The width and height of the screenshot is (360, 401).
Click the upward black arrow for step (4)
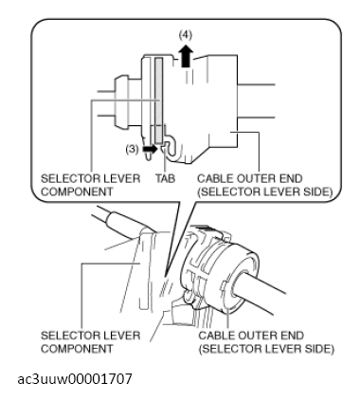187,56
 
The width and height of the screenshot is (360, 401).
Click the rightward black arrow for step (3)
150,149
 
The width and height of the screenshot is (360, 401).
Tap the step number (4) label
186,35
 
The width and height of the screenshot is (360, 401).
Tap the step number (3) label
132,149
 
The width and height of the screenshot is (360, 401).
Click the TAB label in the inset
165,179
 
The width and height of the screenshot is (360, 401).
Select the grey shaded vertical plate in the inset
158,100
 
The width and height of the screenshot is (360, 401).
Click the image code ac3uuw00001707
75,378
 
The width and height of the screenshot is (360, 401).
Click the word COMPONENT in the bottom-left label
77,349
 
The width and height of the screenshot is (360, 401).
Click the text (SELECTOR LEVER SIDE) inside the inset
265,192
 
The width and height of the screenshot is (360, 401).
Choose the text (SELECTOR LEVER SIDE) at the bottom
266,349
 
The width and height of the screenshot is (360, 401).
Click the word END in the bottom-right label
292,336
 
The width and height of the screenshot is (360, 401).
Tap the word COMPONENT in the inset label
77,192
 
